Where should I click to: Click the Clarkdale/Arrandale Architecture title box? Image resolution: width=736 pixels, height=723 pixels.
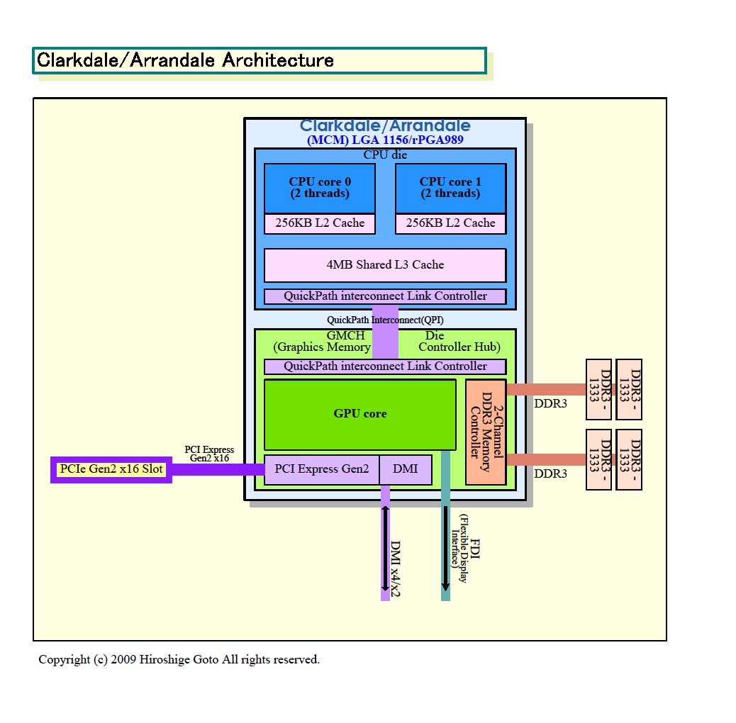(x=259, y=60)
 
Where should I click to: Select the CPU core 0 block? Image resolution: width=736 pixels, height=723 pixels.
(x=319, y=188)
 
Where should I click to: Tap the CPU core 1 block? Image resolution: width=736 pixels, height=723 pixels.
(x=450, y=188)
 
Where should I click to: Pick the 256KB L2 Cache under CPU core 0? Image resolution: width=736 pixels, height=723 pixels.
(x=319, y=223)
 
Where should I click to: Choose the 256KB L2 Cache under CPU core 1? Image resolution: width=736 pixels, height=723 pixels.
(x=450, y=223)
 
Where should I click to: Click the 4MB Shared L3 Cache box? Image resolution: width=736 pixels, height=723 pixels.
(x=385, y=265)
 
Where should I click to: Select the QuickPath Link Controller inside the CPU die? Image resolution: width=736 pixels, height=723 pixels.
(x=385, y=296)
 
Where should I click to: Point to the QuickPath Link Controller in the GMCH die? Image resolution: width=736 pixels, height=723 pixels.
(x=385, y=366)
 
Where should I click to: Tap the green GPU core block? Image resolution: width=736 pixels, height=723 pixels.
(x=360, y=414)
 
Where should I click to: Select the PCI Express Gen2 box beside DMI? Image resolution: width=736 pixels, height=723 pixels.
(x=322, y=469)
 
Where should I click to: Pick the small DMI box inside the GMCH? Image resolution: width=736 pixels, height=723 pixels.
(x=406, y=469)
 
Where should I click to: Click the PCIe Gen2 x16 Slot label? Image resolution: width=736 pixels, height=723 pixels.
(x=111, y=469)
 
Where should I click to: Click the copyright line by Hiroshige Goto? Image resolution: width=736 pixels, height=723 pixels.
(x=179, y=660)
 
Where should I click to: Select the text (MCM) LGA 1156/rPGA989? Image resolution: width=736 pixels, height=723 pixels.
(x=385, y=140)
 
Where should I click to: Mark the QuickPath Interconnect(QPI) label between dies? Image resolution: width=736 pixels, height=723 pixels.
(x=385, y=320)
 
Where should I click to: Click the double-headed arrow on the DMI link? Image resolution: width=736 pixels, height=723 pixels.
(x=385, y=549)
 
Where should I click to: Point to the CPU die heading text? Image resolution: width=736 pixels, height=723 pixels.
(x=385, y=155)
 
